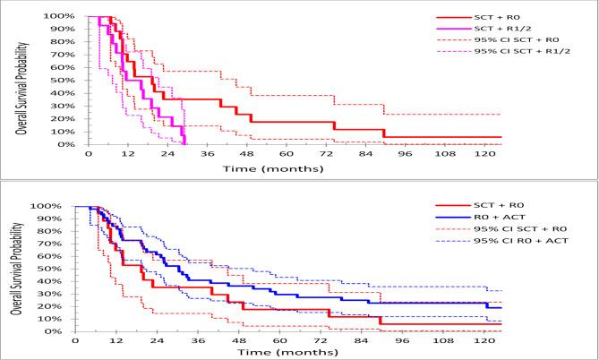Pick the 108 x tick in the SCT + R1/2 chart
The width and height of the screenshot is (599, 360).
[x=445, y=152]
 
